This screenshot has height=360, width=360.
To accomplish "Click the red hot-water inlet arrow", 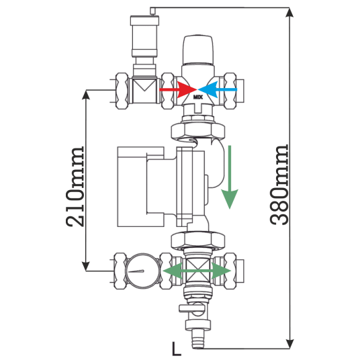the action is (x=178, y=89).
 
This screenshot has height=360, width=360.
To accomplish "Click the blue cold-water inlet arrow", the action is (x=218, y=89).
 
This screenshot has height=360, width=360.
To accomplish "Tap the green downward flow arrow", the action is (x=230, y=177).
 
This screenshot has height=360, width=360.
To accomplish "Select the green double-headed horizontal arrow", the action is (x=197, y=271).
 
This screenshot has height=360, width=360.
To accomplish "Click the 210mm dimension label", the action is (x=75, y=187).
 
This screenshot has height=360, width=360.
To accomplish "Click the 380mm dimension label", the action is (x=279, y=184).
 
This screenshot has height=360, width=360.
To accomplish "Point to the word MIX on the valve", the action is (x=198, y=97).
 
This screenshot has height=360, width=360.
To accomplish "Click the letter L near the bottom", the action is (x=177, y=349).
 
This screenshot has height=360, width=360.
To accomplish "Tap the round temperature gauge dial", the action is (x=142, y=271).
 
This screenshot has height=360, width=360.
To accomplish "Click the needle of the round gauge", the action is (x=136, y=271).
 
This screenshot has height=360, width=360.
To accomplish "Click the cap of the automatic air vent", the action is (x=144, y=20).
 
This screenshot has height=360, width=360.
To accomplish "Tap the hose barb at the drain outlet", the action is (x=198, y=339).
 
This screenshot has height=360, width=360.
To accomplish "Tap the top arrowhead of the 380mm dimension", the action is (x=289, y=12).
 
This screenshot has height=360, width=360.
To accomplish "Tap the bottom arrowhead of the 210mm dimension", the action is (x=86, y=267).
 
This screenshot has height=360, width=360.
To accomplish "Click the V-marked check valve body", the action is (x=144, y=91).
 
